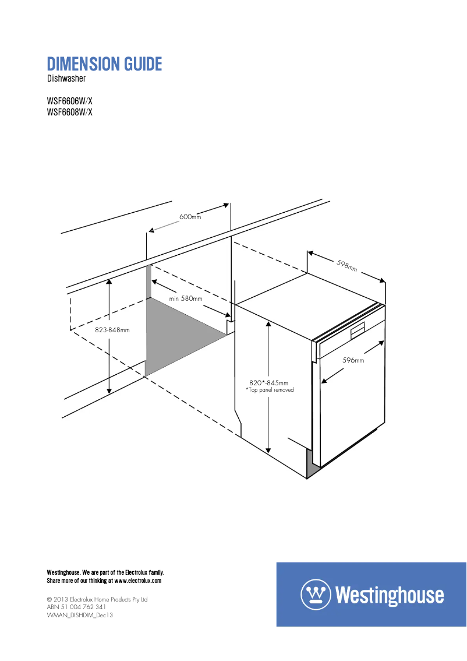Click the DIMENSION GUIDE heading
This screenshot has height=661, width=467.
click(x=104, y=64)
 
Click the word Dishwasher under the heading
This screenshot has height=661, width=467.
click(x=66, y=79)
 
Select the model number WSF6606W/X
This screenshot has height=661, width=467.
click(x=69, y=101)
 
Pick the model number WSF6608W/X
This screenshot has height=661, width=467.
click(x=69, y=112)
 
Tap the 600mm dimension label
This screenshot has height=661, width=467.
click(x=190, y=217)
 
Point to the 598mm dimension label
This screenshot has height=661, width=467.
click(x=347, y=266)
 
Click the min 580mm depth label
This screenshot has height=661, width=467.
click(x=186, y=298)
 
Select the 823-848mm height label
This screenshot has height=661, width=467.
click(x=112, y=330)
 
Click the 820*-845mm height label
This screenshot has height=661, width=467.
click(x=268, y=383)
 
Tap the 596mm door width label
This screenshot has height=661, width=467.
click(x=353, y=360)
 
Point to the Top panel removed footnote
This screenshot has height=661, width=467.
click(x=270, y=390)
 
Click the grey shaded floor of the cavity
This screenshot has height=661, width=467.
click(x=181, y=333)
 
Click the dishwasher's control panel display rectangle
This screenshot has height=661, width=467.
click(x=358, y=331)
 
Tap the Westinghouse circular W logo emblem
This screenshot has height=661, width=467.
click(x=316, y=595)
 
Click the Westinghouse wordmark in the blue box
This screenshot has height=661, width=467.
click(x=390, y=595)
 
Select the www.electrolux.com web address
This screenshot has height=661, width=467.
click(x=137, y=581)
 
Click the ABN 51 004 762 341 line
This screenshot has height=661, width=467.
click(x=76, y=607)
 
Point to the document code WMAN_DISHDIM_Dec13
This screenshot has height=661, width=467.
click(x=80, y=615)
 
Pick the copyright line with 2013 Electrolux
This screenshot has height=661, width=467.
click(x=97, y=599)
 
